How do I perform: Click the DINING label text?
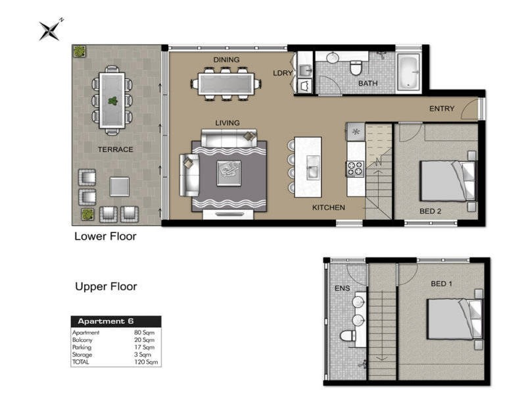(226, 60)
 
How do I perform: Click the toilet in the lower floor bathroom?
(356, 67)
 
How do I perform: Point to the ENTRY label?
(441, 109)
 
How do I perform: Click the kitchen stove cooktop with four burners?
(355, 168)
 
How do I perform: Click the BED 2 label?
(431, 211)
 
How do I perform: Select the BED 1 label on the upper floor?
(441, 284)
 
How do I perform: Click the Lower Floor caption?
(105, 236)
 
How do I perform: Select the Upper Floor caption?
(105, 287)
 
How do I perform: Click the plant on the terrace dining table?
(112, 101)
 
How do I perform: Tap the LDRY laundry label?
(283, 73)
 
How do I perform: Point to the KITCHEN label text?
(328, 207)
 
